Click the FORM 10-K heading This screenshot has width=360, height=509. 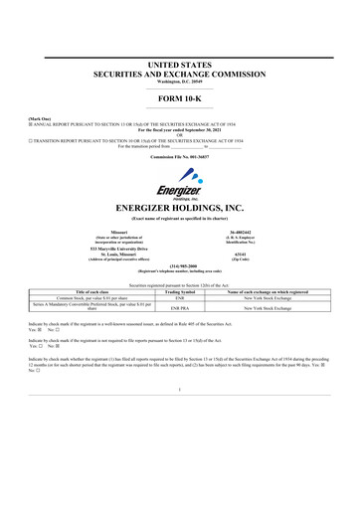click(179, 98)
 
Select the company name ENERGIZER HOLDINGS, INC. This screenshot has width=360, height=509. click(179, 208)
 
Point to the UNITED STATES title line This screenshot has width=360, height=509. click(179, 64)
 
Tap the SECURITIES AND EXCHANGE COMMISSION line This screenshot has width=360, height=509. click(179, 74)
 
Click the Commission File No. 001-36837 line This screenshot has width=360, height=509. click(179, 157)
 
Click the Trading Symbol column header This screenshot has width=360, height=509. click(181, 289)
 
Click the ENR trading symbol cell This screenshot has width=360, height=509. click(181, 295)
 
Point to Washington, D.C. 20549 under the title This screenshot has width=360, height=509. click(179, 82)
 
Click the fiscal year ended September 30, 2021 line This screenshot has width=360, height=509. click(179, 130)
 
